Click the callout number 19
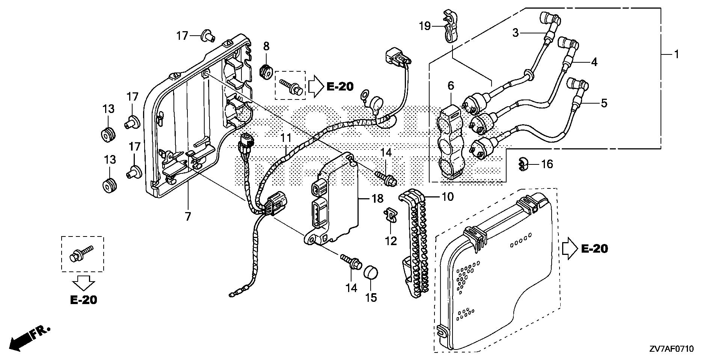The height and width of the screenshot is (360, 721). pyautogui.click(x=425, y=26)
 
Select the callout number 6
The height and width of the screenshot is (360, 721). pyautogui.click(x=451, y=86)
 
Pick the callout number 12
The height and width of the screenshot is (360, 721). pyautogui.click(x=391, y=241)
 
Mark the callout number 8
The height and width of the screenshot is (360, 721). pyautogui.click(x=266, y=47)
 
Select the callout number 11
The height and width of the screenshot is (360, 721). pyautogui.click(x=286, y=138)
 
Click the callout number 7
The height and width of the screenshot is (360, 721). pyautogui.click(x=188, y=216)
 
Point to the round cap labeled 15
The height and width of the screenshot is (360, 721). pyautogui.click(x=371, y=273)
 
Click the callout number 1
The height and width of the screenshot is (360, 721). pyautogui.click(x=676, y=55)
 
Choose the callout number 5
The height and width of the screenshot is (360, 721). pyautogui.click(x=604, y=103)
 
